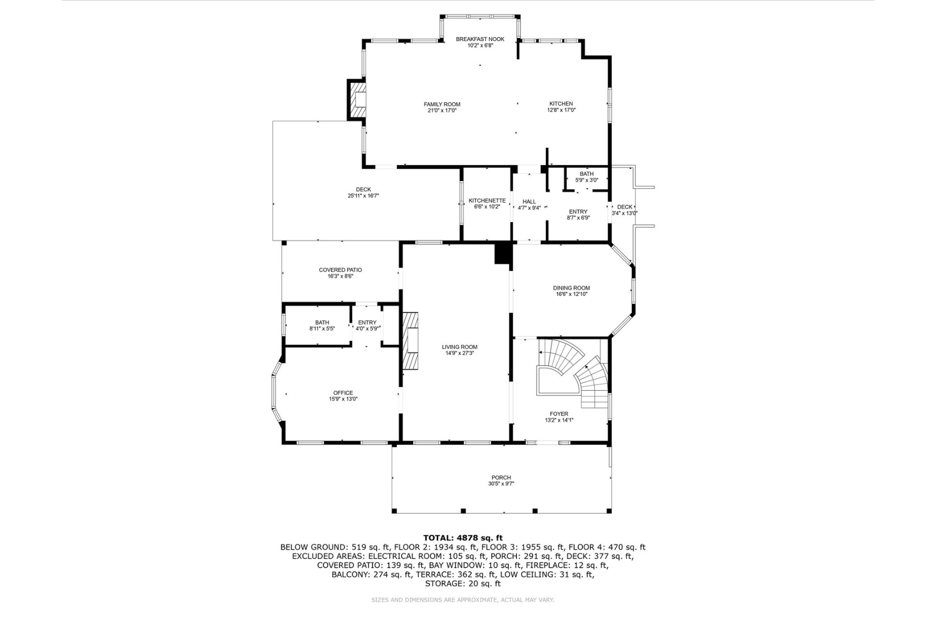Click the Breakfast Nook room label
[x=480, y=39]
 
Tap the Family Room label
[x=442, y=104]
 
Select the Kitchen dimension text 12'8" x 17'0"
[x=561, y=110]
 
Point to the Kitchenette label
[x=487, y=201]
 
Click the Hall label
[x=529, y=202]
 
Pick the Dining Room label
[x=571, y=288]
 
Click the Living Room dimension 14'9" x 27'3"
[x=459, y=353]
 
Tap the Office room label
[x=343, y=393]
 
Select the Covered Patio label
[x=340, y=270]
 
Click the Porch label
[x=501, y=478]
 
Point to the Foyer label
[x=559, y=414]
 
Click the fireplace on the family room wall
[x=358, y=100]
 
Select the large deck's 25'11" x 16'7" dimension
[x=363, y=196]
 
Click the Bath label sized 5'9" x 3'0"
[x=586, y=174]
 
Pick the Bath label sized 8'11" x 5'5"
[x=322, y=322]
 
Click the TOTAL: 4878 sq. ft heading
[x=463, y=538]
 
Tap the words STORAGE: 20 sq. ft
[x=463, y=584]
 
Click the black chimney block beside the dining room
[x=503, y=254]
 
